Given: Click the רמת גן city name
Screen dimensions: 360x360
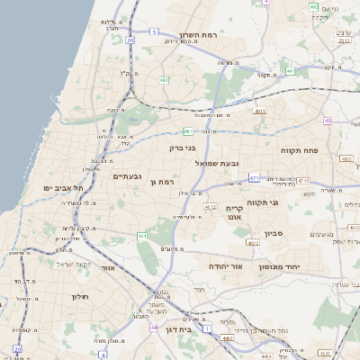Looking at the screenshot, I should pyautogui.click(x=163, y=182).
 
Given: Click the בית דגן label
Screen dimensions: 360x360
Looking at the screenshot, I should pyautogui.click(x=180, y=330).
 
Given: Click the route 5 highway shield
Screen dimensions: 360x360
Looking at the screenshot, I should pyautogui.click(x=154, y=31).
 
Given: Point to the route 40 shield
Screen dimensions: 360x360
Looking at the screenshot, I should pyautogui.click(x=328, y=121).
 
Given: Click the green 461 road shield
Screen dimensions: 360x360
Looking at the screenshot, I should pyautogui.click(x=142, y=236).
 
